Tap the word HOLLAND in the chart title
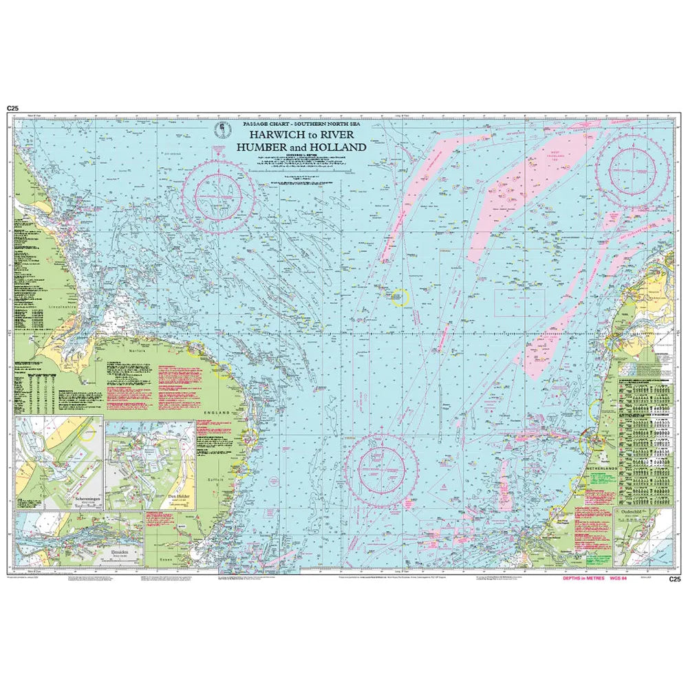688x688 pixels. (340, 147)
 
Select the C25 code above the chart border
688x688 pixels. (12, 109)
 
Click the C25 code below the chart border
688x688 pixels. (675, 579)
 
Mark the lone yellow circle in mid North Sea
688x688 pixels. (399, 297)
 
